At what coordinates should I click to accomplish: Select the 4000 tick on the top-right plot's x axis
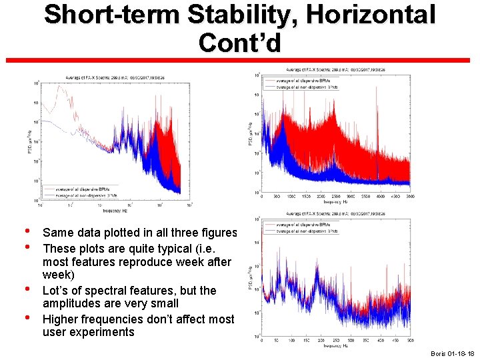coord(381,197)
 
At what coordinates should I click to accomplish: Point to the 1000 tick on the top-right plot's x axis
coord(291,197)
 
